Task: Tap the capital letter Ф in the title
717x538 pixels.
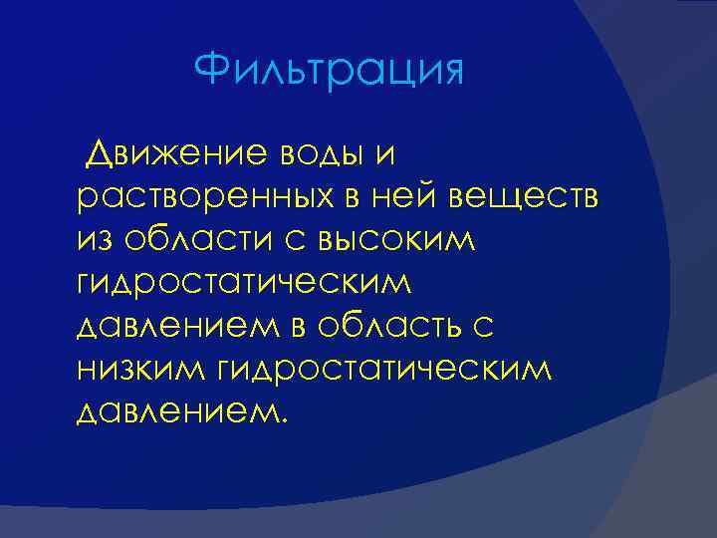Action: pos(212,70)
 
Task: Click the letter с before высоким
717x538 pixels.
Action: pos(295,242)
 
